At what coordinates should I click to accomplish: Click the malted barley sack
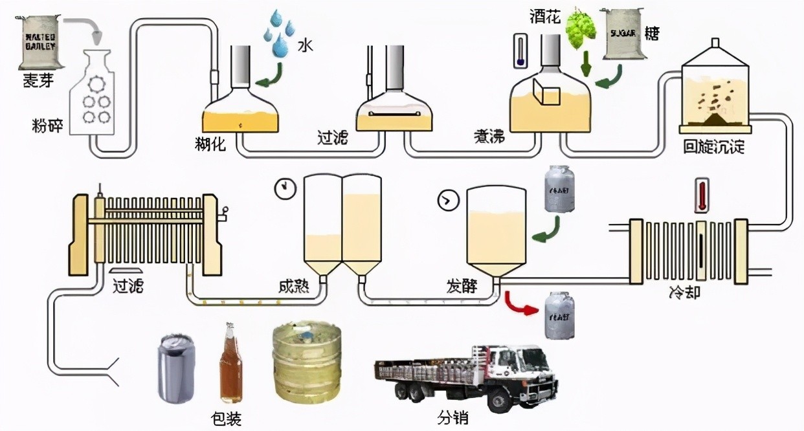[39, 42]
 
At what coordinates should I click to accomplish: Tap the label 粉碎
[48, 125]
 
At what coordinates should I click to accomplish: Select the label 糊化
[210, 144]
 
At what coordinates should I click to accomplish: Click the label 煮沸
[489, 138]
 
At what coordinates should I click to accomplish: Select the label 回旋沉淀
[714, 146]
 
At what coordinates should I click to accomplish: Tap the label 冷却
[684, 295]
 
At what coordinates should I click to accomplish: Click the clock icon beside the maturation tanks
[283, 188]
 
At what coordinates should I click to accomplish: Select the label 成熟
[295, 285]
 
